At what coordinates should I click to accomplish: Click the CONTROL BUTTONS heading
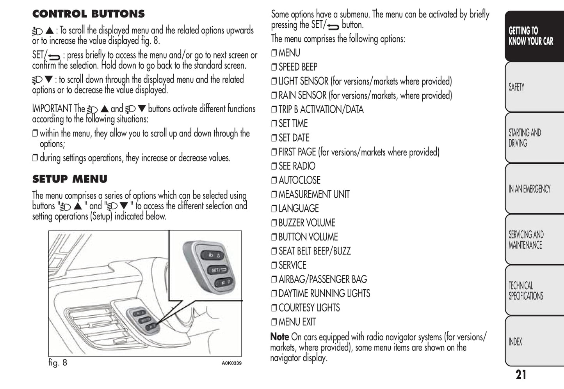tap(88, 14)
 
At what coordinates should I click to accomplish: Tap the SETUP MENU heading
tap(69, 179)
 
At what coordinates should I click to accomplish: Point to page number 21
tap(521, 375)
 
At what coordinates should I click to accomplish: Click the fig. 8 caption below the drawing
tap(58, 362)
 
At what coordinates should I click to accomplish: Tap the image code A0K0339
tap(231, 363)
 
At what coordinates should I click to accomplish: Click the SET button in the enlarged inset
tap(218, 270)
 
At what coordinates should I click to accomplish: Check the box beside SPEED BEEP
tap(274, 67)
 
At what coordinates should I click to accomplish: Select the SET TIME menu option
tap(293, 124)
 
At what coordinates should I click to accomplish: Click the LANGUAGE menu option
tap(299, 209)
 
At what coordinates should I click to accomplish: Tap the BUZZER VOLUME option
tap(307, 223)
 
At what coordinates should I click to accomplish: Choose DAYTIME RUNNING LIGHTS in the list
tap(324, 293)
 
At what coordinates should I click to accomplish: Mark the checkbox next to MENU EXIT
tap(274, 322)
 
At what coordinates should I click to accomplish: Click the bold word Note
tap(279, 336)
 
